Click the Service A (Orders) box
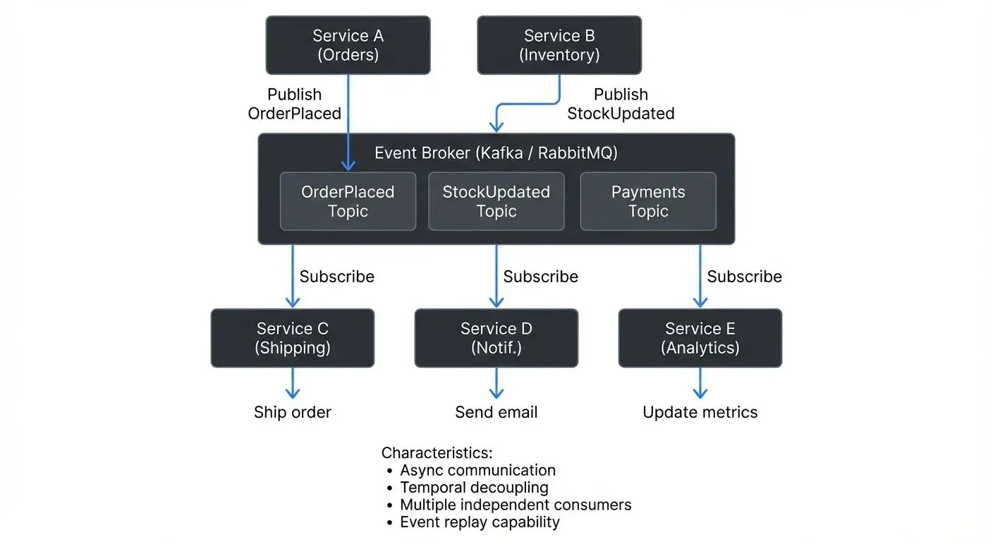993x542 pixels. pos(348,45)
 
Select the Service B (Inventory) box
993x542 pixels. pos(559,45)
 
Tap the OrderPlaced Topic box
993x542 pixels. pos(348,202)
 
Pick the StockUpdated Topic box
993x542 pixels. pos(496,202)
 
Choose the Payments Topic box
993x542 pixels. pos(647,202)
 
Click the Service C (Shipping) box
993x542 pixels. pos(293,338)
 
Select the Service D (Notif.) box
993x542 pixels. pos(496,338)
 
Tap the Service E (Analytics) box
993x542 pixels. pos(700,338)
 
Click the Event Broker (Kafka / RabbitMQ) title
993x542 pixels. pos(496,153)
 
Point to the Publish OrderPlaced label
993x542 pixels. pos(294,104)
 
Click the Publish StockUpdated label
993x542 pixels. pos(621,104)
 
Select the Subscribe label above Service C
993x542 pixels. pos(336,277)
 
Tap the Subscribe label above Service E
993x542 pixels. pos(744,277)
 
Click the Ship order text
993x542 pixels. pos(293,412)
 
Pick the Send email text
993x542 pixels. pos(496,412)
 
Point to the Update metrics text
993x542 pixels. pos(700,412)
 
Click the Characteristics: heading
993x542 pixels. pos(437,452)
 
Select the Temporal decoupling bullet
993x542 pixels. pos(473,487)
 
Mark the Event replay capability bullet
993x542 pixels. pos(479,522)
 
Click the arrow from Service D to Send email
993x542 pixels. pos(496,383)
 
